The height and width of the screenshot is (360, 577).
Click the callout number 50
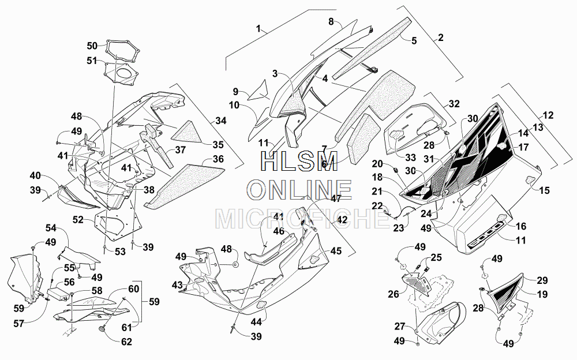pyautogui.click(x=92, y=46)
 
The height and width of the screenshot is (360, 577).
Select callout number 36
pyautogui.click(x=218, y=159)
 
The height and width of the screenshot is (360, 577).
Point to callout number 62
pyautogui.click(x=126, y=342)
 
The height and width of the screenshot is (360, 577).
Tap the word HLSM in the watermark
pyautogui.click(x=299, y=161)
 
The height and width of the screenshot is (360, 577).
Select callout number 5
pyautogui.click(x=414, y=40)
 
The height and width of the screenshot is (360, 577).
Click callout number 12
pyautogui.click(x=548, y=115)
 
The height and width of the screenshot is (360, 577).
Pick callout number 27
pyautogui.click(x=400, y=327)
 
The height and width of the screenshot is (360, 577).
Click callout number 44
pyautogui.click(x=256, y=322)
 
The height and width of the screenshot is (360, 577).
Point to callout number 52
pyautogui.click(x=78, y=220)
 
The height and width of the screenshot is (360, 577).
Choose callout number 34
pyautogui.click(x=221, y=121)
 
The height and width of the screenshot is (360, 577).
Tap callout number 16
pyautogui.click(x=520, y=226)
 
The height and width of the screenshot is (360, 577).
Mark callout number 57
pyautogui.click(x=19, y=324)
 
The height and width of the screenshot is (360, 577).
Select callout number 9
pyautogui.click(x=235, y=91)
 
